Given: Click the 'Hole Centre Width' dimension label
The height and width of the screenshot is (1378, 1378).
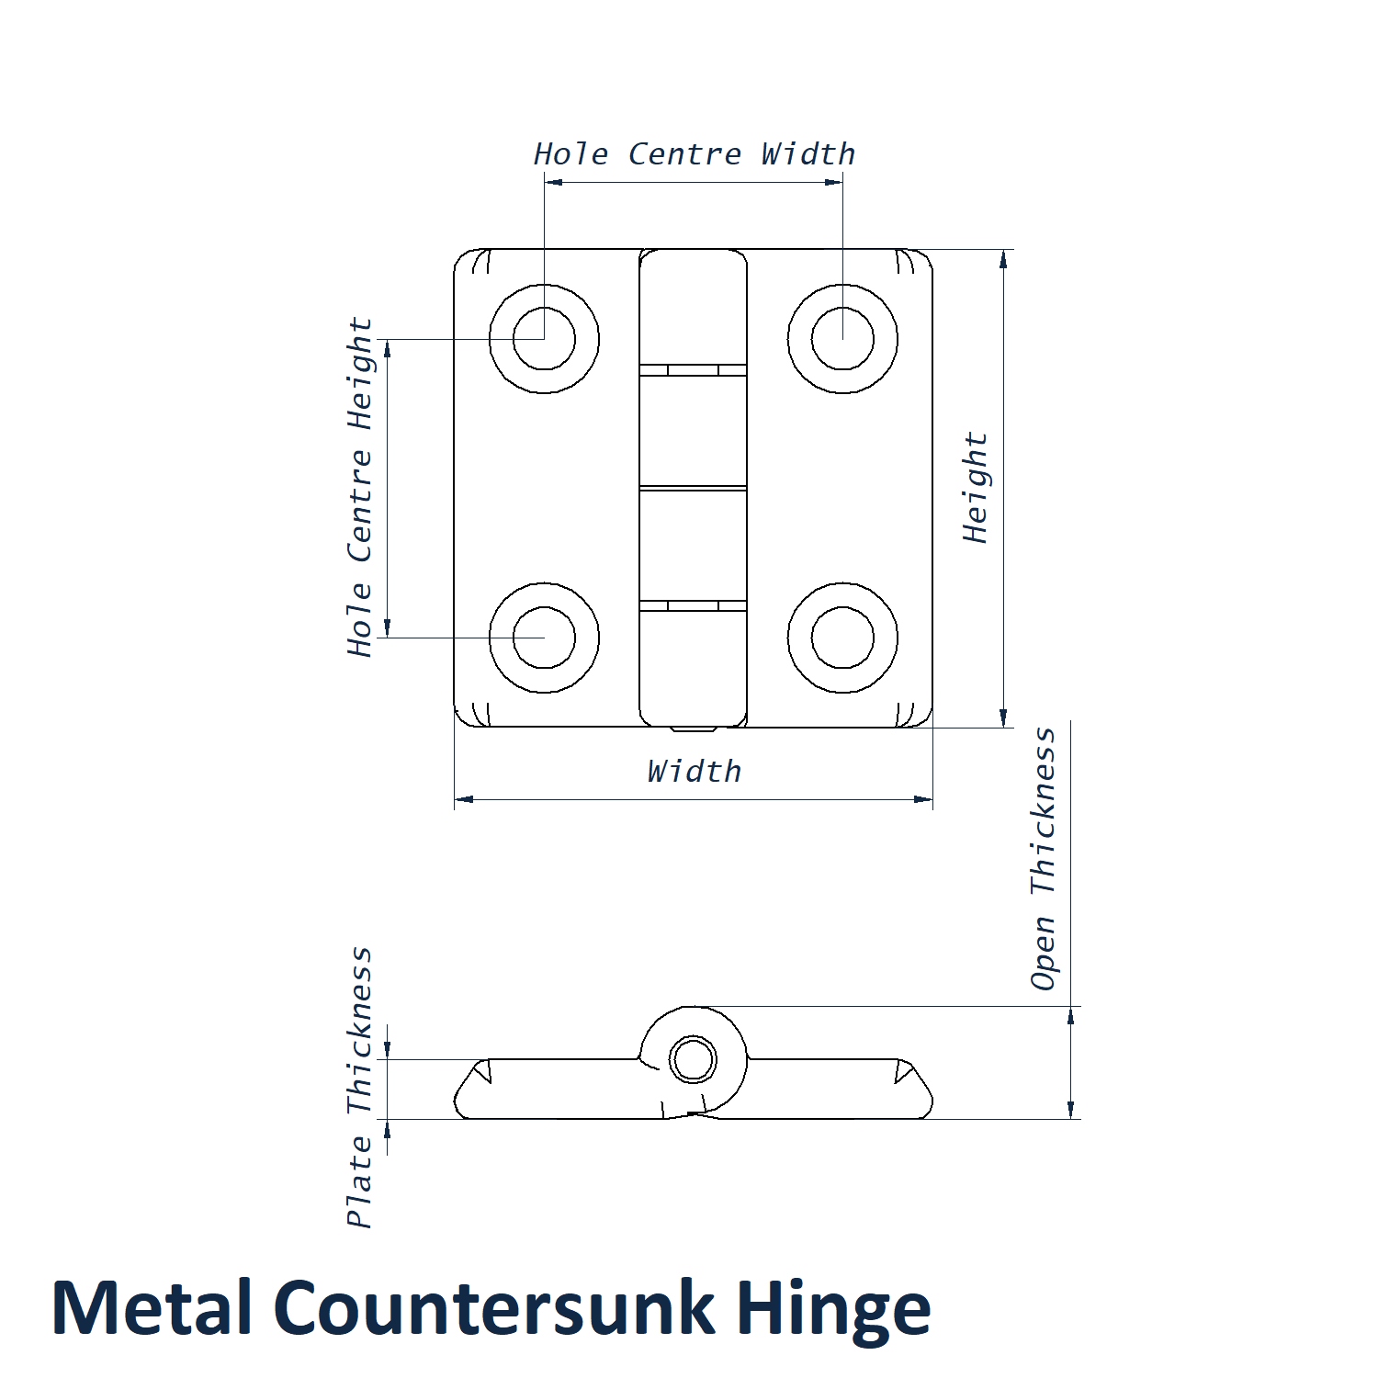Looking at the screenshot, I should pos(695,154).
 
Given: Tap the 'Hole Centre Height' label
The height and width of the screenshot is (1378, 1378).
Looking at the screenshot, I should pos(360,487).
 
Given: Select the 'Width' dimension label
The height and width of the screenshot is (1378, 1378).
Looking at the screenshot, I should pos(694,772).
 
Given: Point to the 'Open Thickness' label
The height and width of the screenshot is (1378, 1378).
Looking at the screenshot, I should pos(1044,859).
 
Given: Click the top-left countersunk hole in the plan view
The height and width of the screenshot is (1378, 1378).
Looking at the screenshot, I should pos(544,339).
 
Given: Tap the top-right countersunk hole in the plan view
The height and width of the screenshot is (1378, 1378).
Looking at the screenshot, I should pos(842,339).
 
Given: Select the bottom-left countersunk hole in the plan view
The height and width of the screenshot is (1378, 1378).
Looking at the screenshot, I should pos(544,638).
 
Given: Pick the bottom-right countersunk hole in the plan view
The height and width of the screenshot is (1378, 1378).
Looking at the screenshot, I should pos(842,638).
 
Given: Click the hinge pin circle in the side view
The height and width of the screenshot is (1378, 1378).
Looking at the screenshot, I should pos(693,1060).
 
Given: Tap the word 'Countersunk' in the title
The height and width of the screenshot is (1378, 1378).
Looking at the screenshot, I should pos(493,1308).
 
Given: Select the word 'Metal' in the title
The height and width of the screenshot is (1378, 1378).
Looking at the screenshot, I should pos(152,1308).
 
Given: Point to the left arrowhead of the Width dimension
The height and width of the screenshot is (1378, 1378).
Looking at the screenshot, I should pos(463,799).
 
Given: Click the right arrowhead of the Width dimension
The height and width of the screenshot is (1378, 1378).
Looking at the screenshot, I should pos(924,799).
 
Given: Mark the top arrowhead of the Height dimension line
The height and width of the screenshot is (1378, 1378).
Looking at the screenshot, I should pos(1003,258).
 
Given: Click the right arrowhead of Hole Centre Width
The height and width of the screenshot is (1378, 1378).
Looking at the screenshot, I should pos(834,182).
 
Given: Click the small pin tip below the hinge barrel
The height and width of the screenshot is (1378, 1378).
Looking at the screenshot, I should pos(694,730).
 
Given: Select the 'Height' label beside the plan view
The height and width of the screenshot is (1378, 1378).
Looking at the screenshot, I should pos(976,488).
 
